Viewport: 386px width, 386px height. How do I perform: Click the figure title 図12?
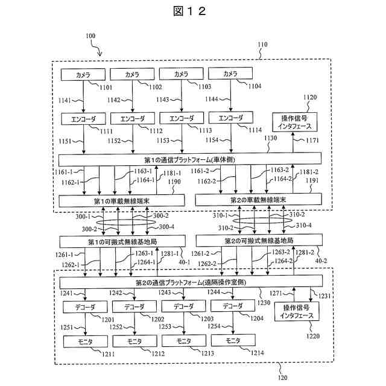click(189, 11)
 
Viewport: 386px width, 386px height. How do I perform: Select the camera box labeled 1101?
click(83, 75)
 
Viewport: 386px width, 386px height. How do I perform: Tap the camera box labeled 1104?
click(230, 74)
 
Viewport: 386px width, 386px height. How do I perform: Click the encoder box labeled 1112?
click(133, 119)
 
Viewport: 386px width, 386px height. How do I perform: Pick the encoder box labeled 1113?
click(182, 118)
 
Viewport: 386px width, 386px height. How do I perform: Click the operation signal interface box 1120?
click(295, 122)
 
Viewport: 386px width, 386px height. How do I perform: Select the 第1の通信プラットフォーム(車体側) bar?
click(190, 159)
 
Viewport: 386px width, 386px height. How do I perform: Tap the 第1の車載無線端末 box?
click(122, 201)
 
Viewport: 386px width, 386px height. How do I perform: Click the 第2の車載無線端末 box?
click(259, 200)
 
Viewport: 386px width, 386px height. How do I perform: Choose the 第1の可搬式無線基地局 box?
click(122, 241)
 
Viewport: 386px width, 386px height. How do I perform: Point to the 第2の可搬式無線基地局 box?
click(259, 240)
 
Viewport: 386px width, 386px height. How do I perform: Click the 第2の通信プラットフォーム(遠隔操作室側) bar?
click(191, 282)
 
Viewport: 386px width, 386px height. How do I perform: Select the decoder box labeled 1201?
click(85, 307)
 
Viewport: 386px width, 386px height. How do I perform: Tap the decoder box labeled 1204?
click(233, 306)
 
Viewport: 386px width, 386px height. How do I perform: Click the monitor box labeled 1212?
click(135, 341)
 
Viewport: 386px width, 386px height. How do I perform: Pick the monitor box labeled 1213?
click(184, 341)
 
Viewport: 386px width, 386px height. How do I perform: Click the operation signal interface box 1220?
click(297, 312)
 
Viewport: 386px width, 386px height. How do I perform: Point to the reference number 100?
click(90, 36)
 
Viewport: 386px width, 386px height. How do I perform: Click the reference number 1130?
click(271, 138)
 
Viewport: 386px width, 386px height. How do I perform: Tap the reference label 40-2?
click(321, 261)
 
